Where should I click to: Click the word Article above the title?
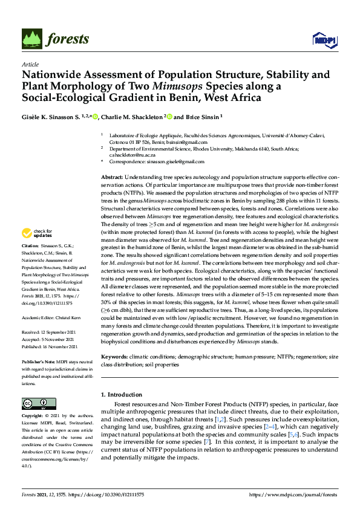[x=30, y=65]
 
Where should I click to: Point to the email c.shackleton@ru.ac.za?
[x=128, y=155]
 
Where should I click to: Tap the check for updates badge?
[x=37, y=233]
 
